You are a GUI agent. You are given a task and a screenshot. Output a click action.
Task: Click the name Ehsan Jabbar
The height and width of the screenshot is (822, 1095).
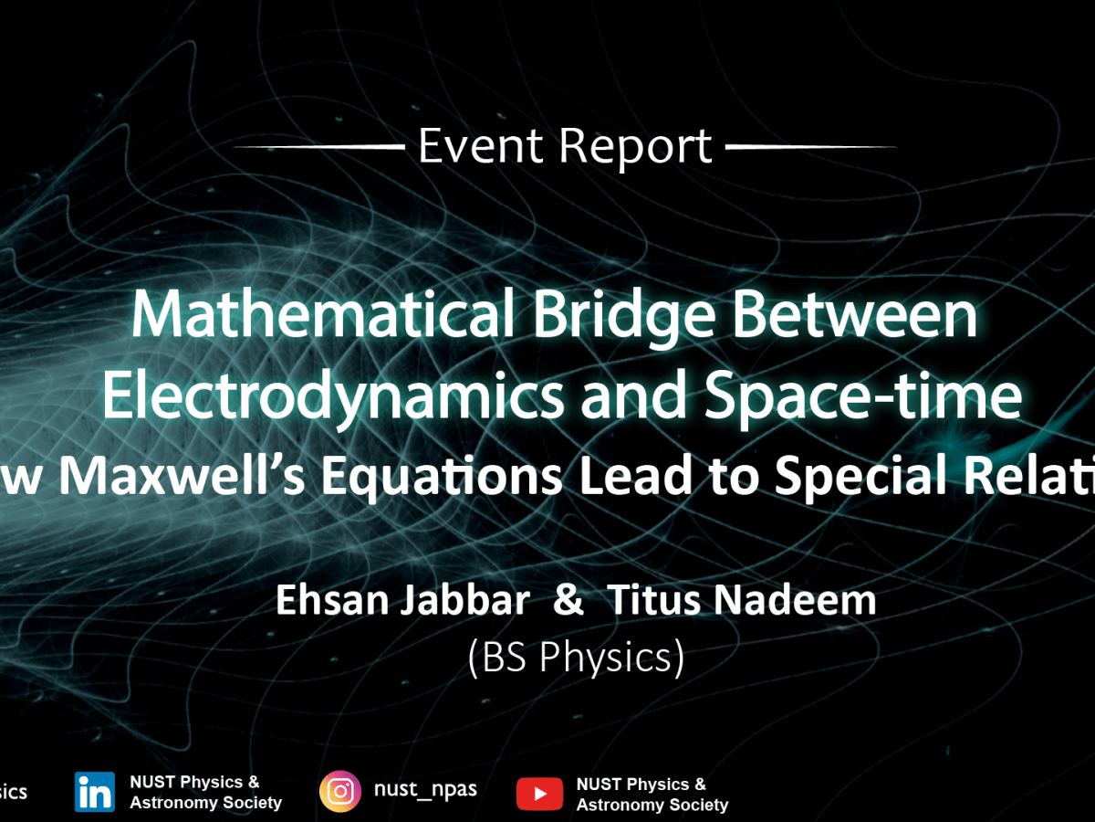click(x=402, y=601)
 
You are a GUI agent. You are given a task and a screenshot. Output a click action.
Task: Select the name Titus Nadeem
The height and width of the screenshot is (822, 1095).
click(x=742, y=601)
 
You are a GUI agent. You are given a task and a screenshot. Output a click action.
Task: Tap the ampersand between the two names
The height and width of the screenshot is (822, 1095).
click(x=568, y=601)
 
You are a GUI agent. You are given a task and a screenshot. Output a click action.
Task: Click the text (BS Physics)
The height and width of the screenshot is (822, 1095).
click(x=576, y=658)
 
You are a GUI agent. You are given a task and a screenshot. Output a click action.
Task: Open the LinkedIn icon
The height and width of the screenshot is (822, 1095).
click(x=95, y=792)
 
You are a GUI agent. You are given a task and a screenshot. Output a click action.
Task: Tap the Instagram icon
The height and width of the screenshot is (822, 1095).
click(x=340, y=791)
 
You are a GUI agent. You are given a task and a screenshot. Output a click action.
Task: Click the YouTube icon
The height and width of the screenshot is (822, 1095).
click(x=539, y=794)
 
